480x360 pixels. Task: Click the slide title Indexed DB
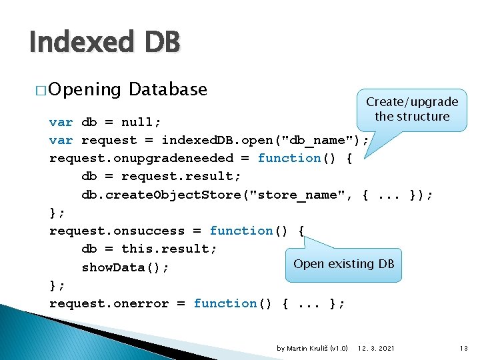[x=104, y=43]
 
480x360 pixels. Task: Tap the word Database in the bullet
[x=168, y=89]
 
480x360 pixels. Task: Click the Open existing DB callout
[x=343, y=264]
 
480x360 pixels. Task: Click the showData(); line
[x=125, y=267]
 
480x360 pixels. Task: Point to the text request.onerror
[x=109, y=303]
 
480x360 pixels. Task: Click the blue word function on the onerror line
[x=225, y=303]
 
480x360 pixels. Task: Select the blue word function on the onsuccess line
[x=241, y=231]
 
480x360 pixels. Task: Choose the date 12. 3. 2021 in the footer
[x=376, y=348]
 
